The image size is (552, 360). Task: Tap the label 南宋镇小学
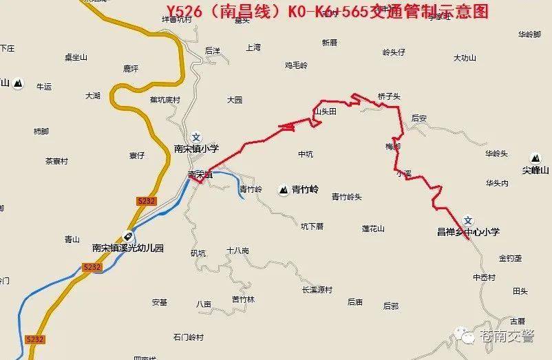pyautogui.click(x=196, y=148)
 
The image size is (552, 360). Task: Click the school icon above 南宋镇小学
pyautogui.click(x=196, y=136)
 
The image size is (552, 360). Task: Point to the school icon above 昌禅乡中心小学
pyautogui.click(x=468, y=220)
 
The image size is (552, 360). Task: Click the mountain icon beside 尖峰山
pyautogui.click(x=535, y=158)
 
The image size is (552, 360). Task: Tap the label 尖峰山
pyautogui.click(x=535, y=170)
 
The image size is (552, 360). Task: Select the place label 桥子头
pyautogui.click(x=389, y=97)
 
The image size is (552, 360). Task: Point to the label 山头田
pyautogui.click(x=324, y=111)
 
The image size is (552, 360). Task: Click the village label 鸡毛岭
pyautogui.click(x=296, y=65)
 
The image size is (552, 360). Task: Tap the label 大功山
pyautogui.click(x=465, y=59)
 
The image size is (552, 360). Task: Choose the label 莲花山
pyautogui.click(x=372, y=229)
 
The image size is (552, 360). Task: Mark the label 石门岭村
pyautogui.click(x=189, y=337)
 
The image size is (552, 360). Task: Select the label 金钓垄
pyautogui.click(x=510, y=258)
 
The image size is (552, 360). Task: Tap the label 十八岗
pyautogui.click(x=237, y=250)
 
